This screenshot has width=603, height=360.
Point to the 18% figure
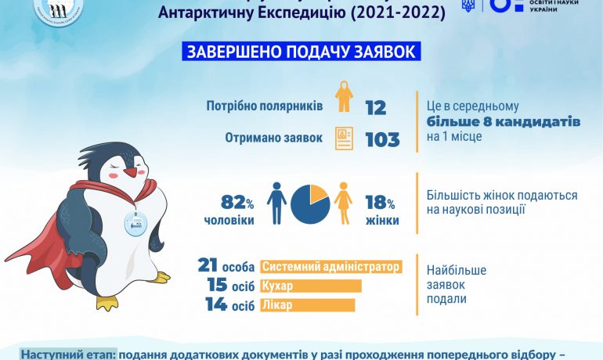[382, 202]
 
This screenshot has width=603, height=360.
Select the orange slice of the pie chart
[318, 194]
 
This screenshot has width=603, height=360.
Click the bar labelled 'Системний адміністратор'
[331, 267]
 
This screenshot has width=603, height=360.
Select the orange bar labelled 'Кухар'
[311, 286]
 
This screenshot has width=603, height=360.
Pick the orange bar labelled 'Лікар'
[311, 304]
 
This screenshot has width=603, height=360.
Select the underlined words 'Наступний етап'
[68, 354]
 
